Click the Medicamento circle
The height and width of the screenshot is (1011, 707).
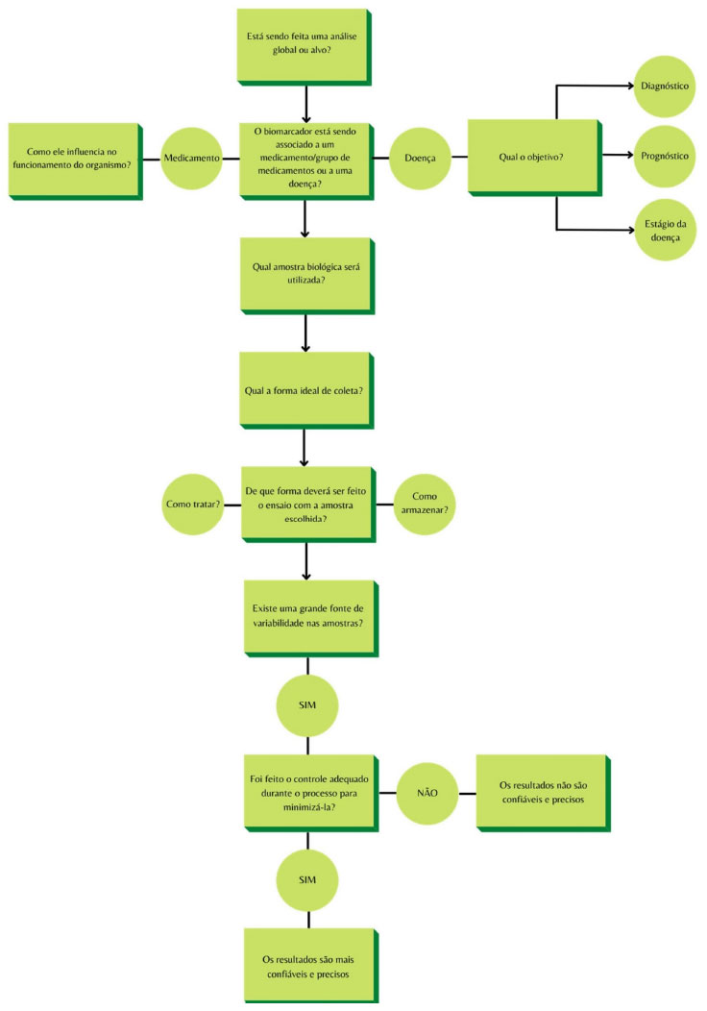pyautogui.click(x=191, y=158)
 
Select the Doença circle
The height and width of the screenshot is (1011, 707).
pyautogui.click(x=420, y=158)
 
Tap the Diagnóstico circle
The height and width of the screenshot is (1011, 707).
pyautogui.click(x=665, y=86)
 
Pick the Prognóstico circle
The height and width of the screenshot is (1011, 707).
pyautogui.click(x=665, y=156)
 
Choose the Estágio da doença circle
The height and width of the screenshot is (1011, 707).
pyautogui.click(x=665, y=231)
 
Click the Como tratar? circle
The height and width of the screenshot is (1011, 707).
pyautogui.click(x=193, y=505)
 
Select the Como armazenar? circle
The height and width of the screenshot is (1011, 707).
pyautogui.click(x=425, y=505)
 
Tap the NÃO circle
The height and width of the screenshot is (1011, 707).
pyautogui.click(x=427, y=793)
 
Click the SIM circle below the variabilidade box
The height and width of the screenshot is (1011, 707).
pyautogui.click(x=307, y=705)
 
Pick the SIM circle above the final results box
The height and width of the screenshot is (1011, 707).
pyautogui.click(x=307, y=880)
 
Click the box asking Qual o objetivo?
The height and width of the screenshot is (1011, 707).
pyautogui.click(x=535, y=158)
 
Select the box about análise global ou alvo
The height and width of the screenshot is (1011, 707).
pyautogui.click(x=305, y=47)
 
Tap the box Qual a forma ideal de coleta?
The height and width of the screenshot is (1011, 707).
pyautogui.click(x=306, y=391)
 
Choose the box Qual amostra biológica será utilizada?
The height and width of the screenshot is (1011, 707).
pyautogui.click(x=307, y=276)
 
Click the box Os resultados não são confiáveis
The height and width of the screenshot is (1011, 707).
pyautogui.click(x=544, y=794)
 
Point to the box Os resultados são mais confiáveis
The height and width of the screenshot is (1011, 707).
pyautogui.click(x=311, y=966)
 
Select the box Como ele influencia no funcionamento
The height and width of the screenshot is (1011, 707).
pyautogui.click(x=75, y=161)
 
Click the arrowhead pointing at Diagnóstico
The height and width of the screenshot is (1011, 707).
pyautogui.click(x=631, y=86)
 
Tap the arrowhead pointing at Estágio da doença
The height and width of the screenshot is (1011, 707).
pyautogui.click(x=631, y=230)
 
